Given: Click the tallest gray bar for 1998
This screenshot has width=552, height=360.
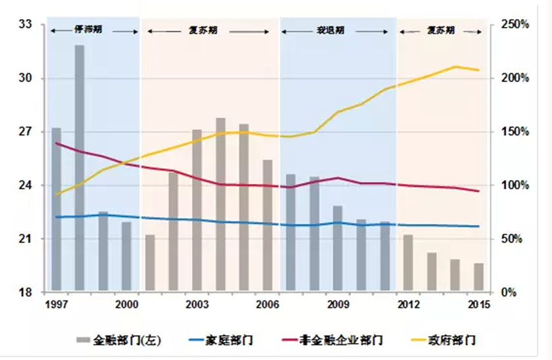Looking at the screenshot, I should tap(80, 168).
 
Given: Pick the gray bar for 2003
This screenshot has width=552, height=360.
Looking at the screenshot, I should tap(197, 210).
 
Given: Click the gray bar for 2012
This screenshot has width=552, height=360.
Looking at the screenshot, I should tap(408, 263).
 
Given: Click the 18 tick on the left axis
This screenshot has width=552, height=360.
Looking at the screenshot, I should tap(26, 292).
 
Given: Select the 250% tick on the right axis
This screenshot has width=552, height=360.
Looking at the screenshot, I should tap(515, 24).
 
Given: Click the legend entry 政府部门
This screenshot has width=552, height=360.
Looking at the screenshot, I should tap(453, 341).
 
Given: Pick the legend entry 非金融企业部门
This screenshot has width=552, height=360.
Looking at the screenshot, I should tap(342, 341).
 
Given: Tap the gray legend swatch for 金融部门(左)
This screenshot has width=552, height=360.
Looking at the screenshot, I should tap(85, 341).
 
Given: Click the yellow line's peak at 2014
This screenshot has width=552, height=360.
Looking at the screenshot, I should tap(455, 66).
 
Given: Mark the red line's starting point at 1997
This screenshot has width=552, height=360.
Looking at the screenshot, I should tap(57, 143).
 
